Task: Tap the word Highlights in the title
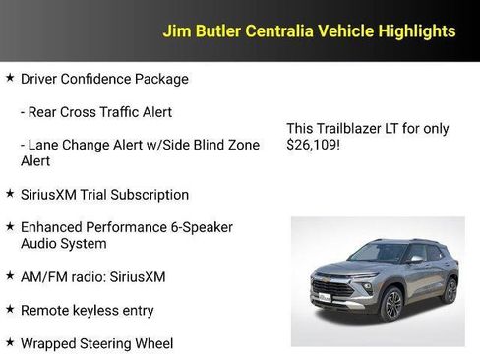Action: tap(415, 31)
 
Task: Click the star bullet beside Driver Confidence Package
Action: tap(10, 78)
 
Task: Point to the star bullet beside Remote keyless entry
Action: tap(10, 310)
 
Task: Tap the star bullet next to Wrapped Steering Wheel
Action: tap(10, 343)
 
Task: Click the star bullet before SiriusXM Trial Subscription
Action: tap(10, 194)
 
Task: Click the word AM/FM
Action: tap(42, 277)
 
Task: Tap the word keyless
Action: tap(99, 311)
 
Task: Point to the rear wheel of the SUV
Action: tap(450, 290)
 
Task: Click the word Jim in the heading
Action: tap(175, 31)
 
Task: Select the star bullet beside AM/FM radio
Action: tap(10, 276)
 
